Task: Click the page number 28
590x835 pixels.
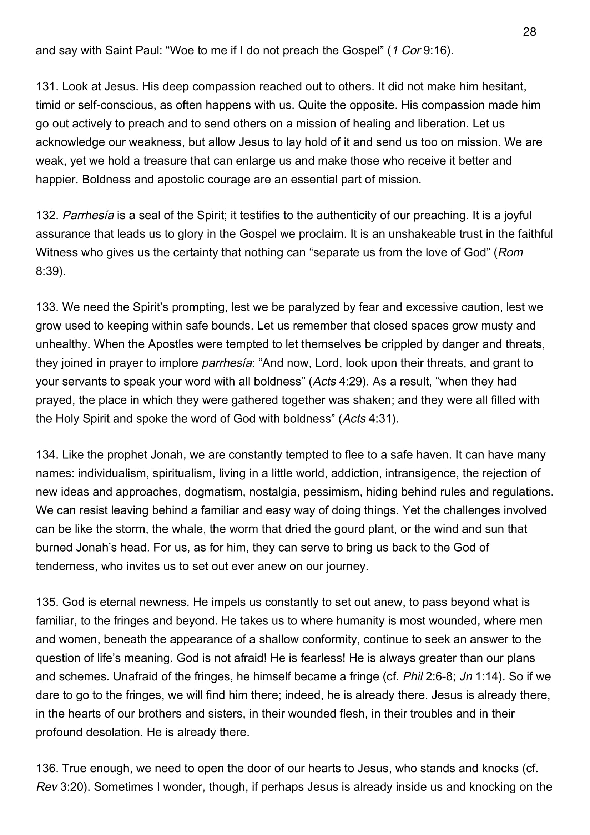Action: (x=529, y=32)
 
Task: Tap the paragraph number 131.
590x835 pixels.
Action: (x=47, y=86)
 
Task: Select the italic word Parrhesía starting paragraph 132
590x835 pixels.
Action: (x=88, y=215)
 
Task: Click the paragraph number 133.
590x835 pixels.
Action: (x=47, y=307)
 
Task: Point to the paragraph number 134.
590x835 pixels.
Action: (x=47, y=454)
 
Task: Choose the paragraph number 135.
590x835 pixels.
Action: (x=47, y=602)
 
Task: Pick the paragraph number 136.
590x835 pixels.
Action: (x=47, y=768)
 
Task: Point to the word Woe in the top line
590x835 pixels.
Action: (x=182, y=50)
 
